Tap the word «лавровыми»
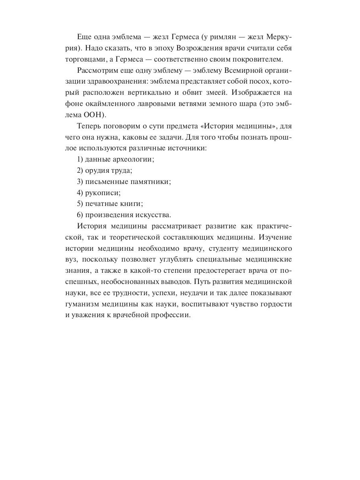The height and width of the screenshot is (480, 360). (154, 104)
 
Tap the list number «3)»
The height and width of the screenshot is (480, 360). (80, 181)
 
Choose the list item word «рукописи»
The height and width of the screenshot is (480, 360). (102, 192)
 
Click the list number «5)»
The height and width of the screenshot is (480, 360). (80, 203)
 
